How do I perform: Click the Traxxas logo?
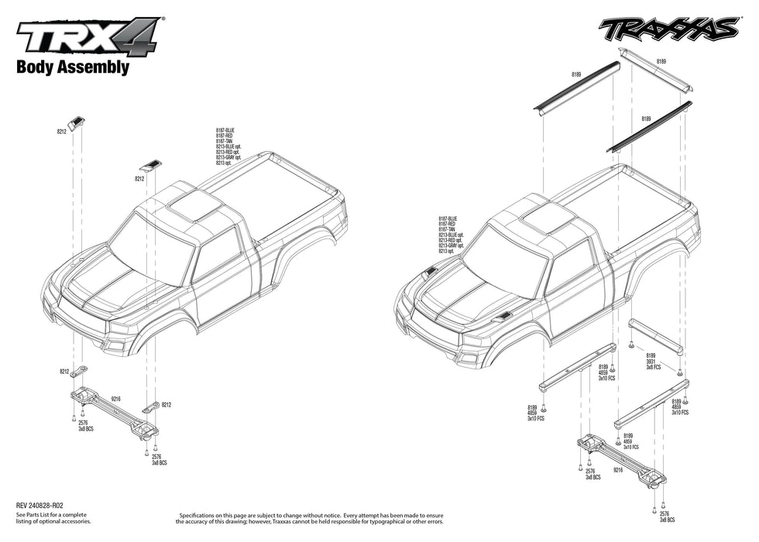coord(668,29)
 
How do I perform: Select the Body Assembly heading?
coord(73,67)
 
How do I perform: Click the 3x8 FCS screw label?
coord(654,367)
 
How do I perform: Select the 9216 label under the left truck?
coord(115,399)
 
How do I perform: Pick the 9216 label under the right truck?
coord(618,470)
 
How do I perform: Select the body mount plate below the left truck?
coord(115,410)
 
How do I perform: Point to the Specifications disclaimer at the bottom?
coord(311,518)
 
